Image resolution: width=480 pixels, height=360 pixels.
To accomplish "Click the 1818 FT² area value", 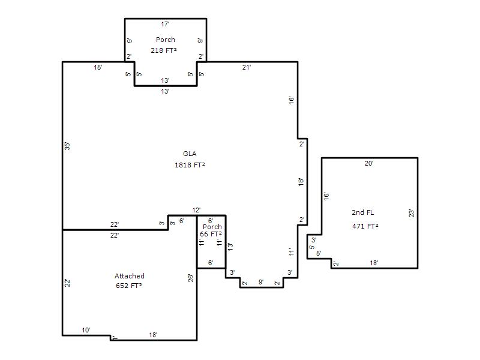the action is tap(190, 165).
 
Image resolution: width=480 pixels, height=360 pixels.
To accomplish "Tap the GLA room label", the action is tap(190, 154).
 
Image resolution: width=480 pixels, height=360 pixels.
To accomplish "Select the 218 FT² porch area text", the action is tap(163, 50).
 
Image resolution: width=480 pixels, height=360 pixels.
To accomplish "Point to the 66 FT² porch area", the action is tap(211, 234).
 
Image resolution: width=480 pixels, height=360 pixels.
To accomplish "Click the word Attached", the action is tap(130, 276).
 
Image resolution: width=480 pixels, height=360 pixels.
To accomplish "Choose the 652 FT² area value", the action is tap(128, 286).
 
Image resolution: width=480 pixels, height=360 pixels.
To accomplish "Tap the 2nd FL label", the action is tap(363, 212).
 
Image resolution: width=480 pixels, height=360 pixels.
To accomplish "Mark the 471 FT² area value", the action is tap(365, 226).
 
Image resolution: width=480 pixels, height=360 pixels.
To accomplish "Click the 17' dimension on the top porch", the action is tap(166, 24).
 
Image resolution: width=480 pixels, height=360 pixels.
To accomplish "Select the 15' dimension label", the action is tap(98, 67).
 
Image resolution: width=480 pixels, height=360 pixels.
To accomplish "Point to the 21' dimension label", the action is tap(247, 67).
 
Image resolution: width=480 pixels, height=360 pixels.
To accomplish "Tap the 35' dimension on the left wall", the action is tap(67, 146).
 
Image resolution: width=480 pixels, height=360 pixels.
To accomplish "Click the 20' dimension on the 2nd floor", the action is tap(369, 163).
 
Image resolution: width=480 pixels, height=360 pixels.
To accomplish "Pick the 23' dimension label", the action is tap(412, 214).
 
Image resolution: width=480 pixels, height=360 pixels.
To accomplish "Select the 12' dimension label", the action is tap(197, 210).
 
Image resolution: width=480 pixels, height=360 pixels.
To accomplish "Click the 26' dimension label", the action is tap(191, 278).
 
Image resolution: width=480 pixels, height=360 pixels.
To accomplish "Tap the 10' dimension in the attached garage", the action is tap(86, 330).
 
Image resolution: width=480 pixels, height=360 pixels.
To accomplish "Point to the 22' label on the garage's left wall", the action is tap(67, 283).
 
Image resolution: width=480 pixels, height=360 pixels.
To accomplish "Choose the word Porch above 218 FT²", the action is tap(166, 40).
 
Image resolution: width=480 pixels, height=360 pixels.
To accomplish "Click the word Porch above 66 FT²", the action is tap(212, 227).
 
